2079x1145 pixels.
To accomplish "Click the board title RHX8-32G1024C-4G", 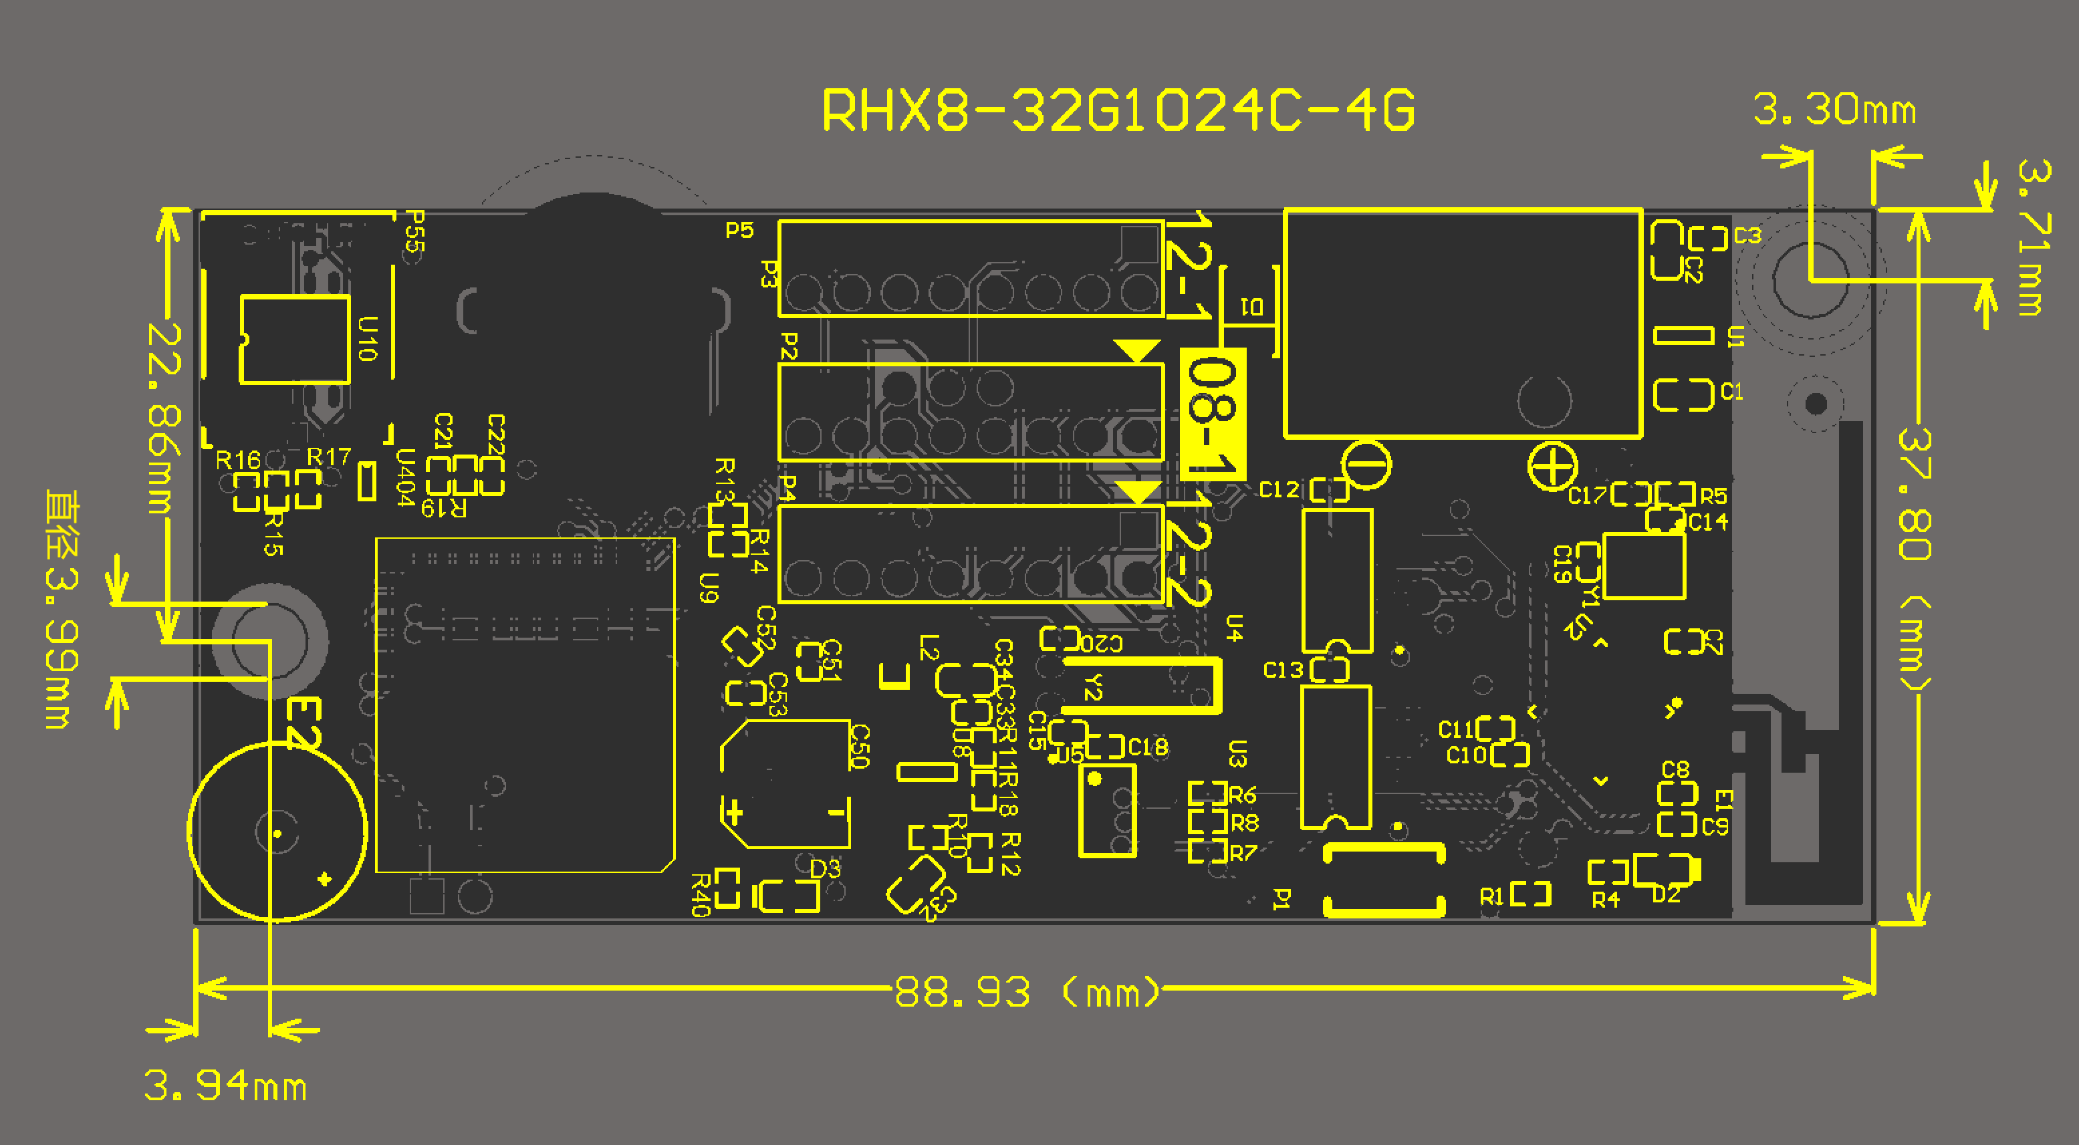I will tap(1118, 110).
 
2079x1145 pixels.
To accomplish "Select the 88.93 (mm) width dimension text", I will tap(1025, 992).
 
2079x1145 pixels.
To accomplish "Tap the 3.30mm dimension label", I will tap(1834, 110).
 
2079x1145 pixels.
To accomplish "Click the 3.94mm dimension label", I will tap(225, 1086).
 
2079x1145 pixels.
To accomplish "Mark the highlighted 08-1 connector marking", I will tap(1213, 413).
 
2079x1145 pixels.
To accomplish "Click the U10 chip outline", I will tap(295, 340).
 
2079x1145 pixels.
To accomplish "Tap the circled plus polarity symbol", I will tap(1552, 466).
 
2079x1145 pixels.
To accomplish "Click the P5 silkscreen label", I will tap(739, 231).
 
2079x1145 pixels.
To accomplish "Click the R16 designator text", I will tap(238, 460).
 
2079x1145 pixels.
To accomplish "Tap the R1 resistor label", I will tap(1491, 896).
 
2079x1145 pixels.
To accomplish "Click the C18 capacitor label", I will tap(1147, 747).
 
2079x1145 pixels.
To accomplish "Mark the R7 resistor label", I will tap(1243, 852).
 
